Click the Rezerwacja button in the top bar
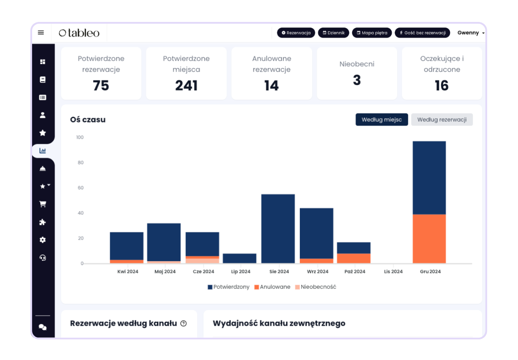(x=296, y=33)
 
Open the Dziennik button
(x=333, y=33)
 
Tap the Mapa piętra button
(x=372, y=33)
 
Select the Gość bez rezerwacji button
(x=422, y=33)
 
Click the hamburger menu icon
(x=41, y=32)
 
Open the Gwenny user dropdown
(x=471, y=33)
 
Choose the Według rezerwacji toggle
(x=442, y=119)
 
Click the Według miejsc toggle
(x=381, y=119)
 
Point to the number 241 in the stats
(x=186, y=86)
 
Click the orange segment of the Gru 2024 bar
(x=429, y=239)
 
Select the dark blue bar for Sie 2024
(x=278, y=228)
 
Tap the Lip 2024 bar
(x=239, y=258)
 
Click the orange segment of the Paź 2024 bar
(x=353, y=258)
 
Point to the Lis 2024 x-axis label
(x=393, y=272)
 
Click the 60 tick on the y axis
(x=80, y=188)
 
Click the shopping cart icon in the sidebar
(x=43, y=204)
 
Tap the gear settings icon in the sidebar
(x=43, y=240)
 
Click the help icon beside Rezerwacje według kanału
(x=183, y=324)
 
